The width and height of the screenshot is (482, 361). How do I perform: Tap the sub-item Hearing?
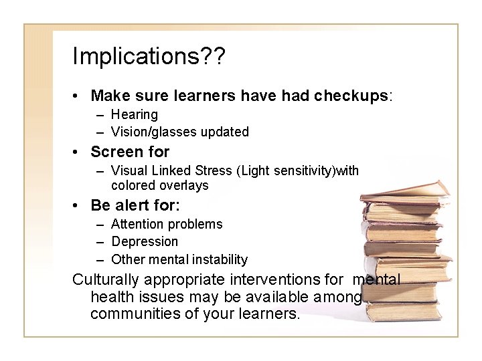pos(135,115)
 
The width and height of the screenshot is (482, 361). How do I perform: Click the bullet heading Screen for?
pos(130,152)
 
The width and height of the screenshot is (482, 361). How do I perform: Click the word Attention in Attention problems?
pos(138,224)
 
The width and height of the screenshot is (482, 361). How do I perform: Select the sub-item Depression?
pos(145,241)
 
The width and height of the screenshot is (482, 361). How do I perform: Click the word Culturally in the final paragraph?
pos(112,279)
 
